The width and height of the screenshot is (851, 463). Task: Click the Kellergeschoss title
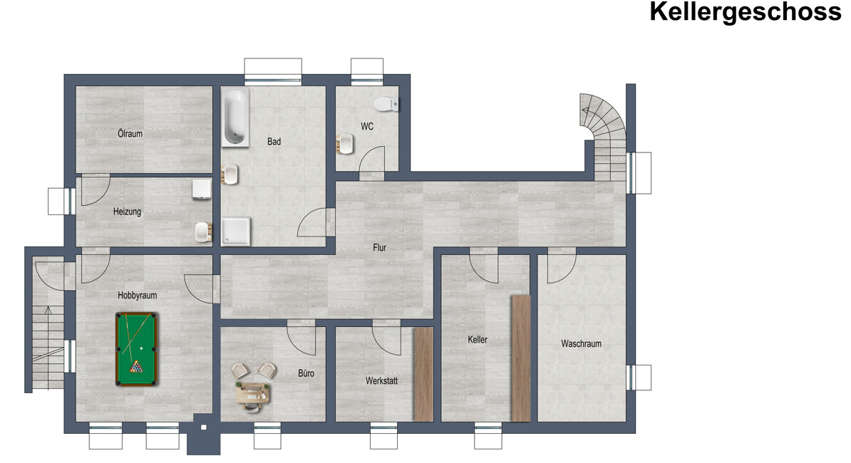pos(746,11)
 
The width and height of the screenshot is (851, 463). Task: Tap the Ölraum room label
pos(130,133)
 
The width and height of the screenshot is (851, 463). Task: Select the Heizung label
pos(127,212)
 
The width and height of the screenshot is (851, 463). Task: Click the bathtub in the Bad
pos(235,118)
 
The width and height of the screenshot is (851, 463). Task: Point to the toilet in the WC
pos(386,103)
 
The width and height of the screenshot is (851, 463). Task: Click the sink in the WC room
pos(345,144)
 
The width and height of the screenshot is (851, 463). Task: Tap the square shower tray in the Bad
pos(236,231)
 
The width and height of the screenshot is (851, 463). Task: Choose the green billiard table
pos(137,349)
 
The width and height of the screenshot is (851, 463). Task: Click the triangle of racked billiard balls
pos(136,367)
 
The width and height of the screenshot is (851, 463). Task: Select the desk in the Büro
pos(253,392)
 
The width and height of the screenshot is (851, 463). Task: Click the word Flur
pos(379,248)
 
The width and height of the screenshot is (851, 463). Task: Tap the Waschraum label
pos(582,344)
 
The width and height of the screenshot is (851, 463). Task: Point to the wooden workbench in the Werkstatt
pos(423,374)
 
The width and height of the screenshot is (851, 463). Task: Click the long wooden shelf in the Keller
pos(521,358)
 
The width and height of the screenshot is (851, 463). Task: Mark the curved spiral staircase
pos(604,135)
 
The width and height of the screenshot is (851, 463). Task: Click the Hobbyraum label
pos(138,296)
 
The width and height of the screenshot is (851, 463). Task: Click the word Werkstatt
pos(381,381)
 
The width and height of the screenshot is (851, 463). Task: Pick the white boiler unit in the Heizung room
pos(202,189)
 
